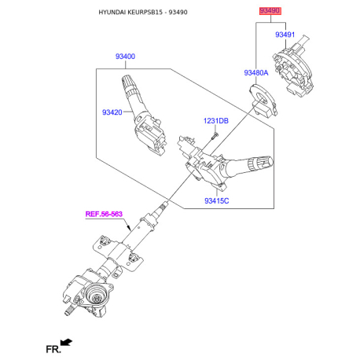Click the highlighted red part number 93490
[270, 11]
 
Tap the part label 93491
[285, 35]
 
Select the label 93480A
[256, 73]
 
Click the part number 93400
[125, 57]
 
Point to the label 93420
[112, 112]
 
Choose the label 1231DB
[216, 121]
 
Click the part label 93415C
[216, 201]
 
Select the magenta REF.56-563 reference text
[104, 214]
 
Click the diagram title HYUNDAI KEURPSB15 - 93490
[143, 13]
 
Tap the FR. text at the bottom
[53, 349]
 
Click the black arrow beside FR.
[66, 342]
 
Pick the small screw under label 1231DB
[215, 136]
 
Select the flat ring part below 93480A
[263, 100]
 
